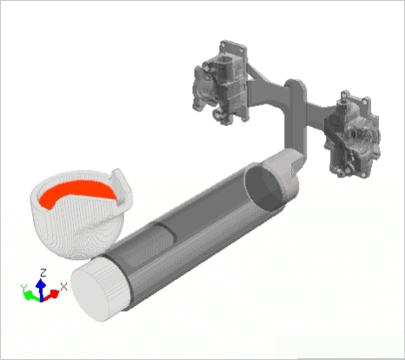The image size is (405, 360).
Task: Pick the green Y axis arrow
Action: [30, 294]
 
